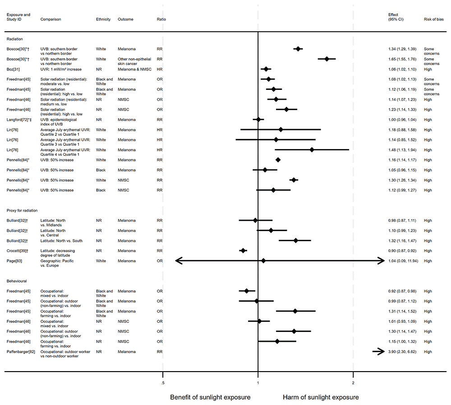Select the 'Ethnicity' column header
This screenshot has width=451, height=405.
103,19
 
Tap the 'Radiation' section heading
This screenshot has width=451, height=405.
14,39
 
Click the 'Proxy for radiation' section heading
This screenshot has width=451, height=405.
22,210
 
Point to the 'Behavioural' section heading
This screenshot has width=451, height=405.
17,281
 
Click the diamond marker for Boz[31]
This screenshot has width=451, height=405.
266,69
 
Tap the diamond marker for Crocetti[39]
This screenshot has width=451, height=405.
243,251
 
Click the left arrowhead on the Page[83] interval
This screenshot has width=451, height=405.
178,261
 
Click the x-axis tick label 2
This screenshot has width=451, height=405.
353,383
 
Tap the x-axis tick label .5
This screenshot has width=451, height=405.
162,383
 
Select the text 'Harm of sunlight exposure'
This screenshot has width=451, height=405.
321,397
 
